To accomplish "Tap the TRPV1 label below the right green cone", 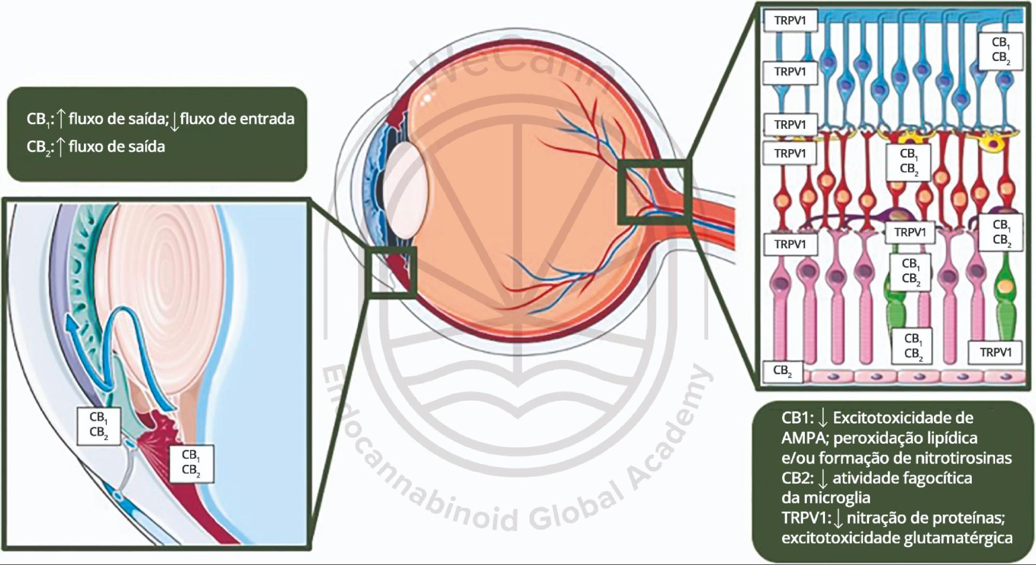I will [995, 353].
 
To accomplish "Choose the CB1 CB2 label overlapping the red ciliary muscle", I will [191, 462].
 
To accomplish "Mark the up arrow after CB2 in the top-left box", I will [60, 147].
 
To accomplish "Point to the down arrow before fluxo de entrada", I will [175, 120].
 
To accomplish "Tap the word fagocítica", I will [938, 478].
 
